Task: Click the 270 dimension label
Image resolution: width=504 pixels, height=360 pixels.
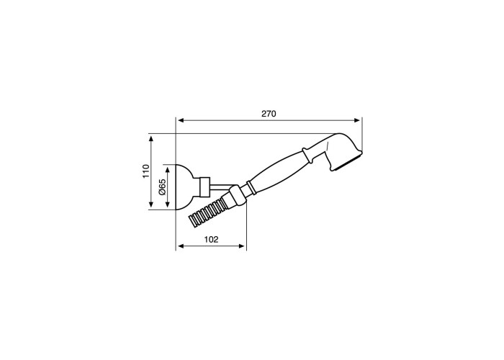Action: [269, 114]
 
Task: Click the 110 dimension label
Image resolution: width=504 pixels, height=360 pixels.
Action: [146, 171]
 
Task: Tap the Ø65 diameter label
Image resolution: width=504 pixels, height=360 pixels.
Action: [162, 186]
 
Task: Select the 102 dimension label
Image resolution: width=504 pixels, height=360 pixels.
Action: [211, 240]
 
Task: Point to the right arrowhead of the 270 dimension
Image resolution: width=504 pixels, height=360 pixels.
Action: [357, 120]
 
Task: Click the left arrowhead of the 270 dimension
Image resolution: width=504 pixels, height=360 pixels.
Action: [181, 120]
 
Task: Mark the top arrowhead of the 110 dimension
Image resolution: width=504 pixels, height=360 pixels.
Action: [151, 138]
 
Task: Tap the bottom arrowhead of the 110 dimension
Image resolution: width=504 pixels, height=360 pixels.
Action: [151, 204]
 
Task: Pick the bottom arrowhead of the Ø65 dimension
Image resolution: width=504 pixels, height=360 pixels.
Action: [167, 204]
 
